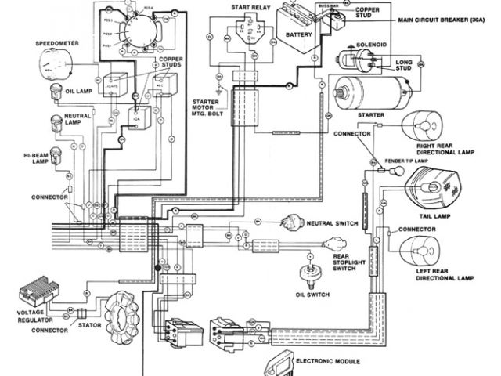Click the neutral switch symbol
point(296,222)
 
